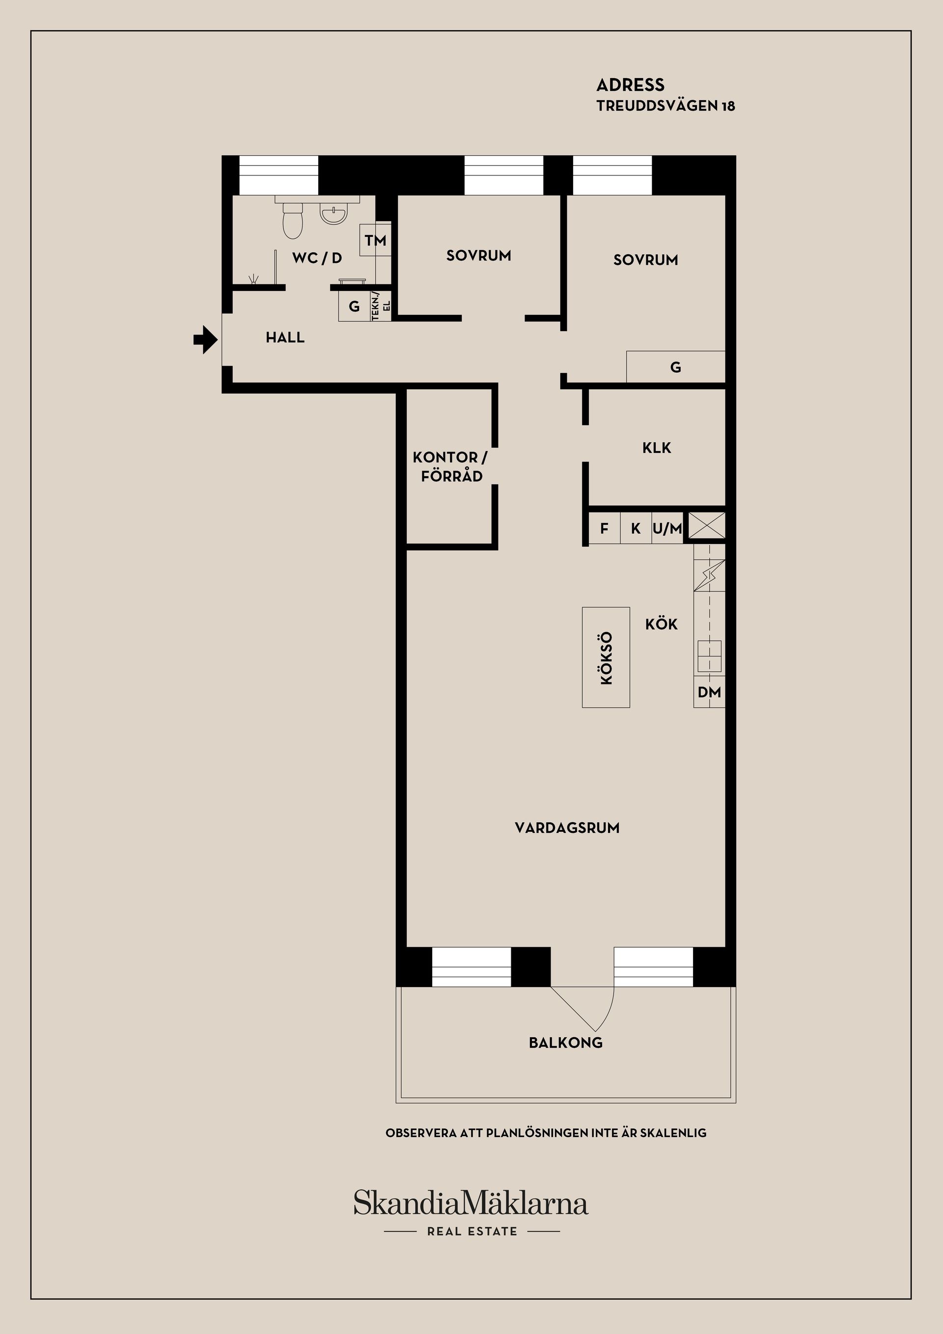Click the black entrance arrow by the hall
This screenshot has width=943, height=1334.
[204, 340]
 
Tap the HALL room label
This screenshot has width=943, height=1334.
[284, 338]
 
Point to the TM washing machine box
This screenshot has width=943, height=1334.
[375, 240]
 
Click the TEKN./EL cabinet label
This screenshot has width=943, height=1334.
[381, 306]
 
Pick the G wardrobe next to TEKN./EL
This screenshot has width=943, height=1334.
[354, 306]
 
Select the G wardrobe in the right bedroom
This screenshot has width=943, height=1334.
[675, 367]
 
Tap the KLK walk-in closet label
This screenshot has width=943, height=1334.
[656, 448]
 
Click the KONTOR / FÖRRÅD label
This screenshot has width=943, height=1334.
[450, 467]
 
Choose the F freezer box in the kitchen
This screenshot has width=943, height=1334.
[605, 528]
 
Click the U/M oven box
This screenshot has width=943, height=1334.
[666, 528]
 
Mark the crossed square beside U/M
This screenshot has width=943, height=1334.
[707, 525]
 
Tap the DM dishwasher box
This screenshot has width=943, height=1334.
[709, 692]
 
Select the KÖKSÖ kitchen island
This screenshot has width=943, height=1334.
[606, 657]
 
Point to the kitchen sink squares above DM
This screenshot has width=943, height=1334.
[709, 655]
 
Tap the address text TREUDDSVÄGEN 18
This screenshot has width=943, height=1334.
[665, 106]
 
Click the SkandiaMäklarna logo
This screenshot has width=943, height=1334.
[471, 1203]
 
